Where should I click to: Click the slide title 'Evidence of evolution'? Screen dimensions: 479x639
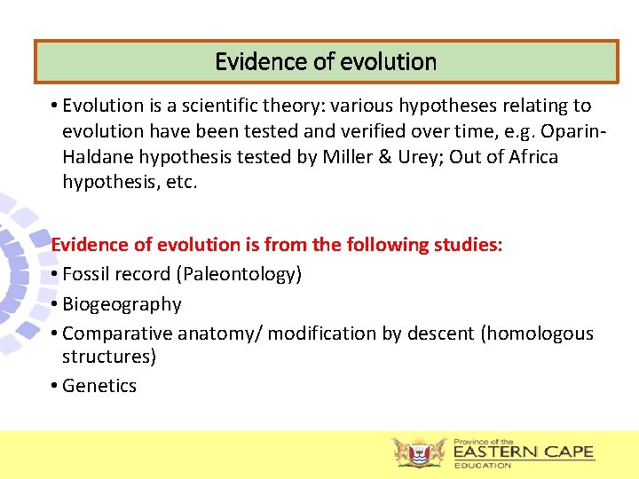[x=326, y=62]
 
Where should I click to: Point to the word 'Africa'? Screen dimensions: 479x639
[x=530, y=157]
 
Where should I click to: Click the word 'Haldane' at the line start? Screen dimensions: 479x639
[x=95, y=157]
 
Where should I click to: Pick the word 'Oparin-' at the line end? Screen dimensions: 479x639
[x=577, y=131]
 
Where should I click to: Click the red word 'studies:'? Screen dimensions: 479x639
[x=469, y=244]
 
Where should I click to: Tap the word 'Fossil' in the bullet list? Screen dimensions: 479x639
[x=86, y=274]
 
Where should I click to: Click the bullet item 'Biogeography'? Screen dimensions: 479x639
[x=122, y=304]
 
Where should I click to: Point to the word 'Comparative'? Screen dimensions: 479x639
[x=118, y=334]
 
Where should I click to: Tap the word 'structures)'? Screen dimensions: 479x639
[x=109, y=357]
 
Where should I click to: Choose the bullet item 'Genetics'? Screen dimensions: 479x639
[x=99, y=386]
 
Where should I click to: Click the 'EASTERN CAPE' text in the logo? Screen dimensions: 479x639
[x=523, y=452]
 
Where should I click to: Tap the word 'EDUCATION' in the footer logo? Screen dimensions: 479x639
[x=483, y=465]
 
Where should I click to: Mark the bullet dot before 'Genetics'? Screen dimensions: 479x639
[x=55, y=386]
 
